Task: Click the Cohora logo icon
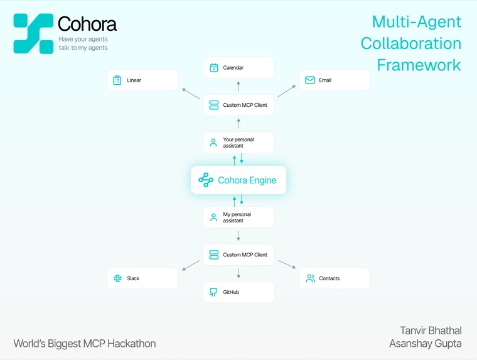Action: click(x=33, y=33)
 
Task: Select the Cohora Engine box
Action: click(x=238, y=180)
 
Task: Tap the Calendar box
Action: click(x=238, y=67)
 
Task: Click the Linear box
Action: click(x=142, y=80)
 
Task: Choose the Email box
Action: click(x=334, y=80)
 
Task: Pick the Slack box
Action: click(x=142, y=278)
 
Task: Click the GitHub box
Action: click(x=238, y=292)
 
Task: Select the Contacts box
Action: click(x=334, y=278)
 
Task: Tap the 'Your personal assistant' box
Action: click(x=238, y=143)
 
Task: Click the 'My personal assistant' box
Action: click(x=238, y=217)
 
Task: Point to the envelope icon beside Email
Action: click(x=310, y=80)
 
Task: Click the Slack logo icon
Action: click(x=117, y=278)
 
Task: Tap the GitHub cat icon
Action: click(x=213, y=292)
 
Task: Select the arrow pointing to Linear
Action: click(x=191, y=94)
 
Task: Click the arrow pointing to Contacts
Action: click(x=286, y=265)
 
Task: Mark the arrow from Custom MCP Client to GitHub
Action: click(x=238, y=273)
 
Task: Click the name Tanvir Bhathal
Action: click(x=431, y=330)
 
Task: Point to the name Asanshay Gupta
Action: click(x=426, y=344)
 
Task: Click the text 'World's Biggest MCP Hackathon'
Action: click(x=85, y=344)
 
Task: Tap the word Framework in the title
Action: click(x=419, y=65)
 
